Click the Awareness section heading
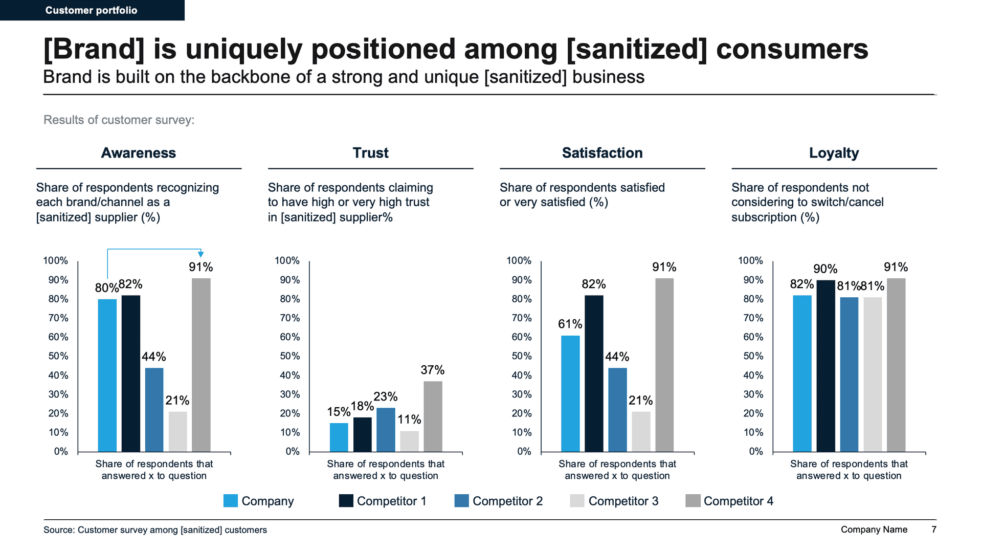click(x=138, y=153)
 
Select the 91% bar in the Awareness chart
click(x=201, y=365)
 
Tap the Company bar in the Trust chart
click(x=339, y=437)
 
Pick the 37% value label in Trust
click(x=432, y=370)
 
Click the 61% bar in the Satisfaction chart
click(x=570, y=393)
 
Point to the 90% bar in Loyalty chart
click(x=825, y=366)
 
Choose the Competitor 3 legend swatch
click(x=577, y=501)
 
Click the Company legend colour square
click(x=230, y=501)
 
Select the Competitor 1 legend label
click(x=391, y=501)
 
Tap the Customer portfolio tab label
click(x=91, y=10)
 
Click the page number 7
click(x=934, y=529)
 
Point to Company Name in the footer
click(x=874, y=529)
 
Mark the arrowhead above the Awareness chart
click(x=201, y=254)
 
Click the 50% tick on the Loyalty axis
click(x=753, y=356)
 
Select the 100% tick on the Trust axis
click(x=286, y=261)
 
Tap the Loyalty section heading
click(x=834, y=153)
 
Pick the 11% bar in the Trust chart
click(x=409, y=441)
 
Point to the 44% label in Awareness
click(x=153, y=357)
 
